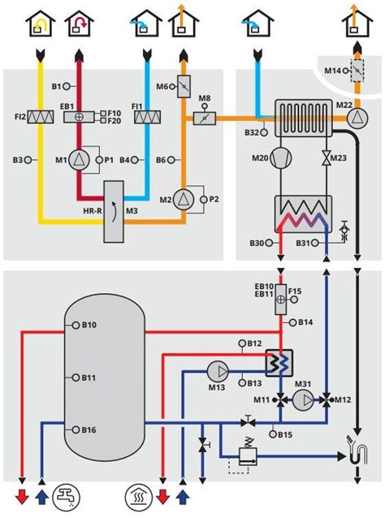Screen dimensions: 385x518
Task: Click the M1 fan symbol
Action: coord(79,160)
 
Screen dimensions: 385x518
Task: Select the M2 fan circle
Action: coord(183,200)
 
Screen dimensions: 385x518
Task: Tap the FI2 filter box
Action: coord(41,117)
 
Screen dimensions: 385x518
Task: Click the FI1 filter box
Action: coord(147,117)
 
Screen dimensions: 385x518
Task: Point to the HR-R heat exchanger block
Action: coord(114,212)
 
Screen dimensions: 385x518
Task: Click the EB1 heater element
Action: coord(79,117)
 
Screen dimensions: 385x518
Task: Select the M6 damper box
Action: coord(184,87)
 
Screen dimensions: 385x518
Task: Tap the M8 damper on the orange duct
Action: coord(204,119)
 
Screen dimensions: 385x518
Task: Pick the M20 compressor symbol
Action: coord(281,158)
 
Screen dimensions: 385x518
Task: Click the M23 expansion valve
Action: coord(327,158)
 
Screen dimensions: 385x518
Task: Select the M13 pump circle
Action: coord(218,371)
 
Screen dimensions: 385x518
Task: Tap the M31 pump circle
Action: coord(304,400)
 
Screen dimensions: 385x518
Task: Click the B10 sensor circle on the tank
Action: coord(76,325)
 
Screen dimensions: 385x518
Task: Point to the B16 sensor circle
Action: coord(76,430)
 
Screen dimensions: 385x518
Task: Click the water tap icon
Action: coord(67,496)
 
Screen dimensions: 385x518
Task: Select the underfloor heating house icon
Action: coord(138,496)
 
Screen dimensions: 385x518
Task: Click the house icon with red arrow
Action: coord(80,24)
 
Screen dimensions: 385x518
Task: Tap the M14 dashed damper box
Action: coord(357,71)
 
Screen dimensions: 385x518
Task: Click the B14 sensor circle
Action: coord(292,323)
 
